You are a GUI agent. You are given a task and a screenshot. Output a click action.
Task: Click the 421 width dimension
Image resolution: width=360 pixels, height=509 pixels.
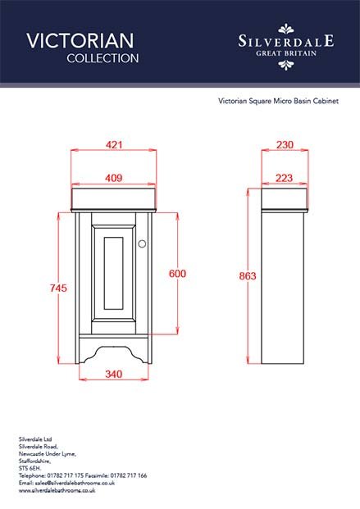coord(114,144)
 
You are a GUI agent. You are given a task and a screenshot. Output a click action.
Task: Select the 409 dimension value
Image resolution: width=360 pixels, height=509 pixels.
coord(114,178)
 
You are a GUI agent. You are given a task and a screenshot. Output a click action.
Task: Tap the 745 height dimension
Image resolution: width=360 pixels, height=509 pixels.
coord(58,288)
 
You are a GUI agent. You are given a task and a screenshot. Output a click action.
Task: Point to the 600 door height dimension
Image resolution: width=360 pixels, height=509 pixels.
coord(177,273)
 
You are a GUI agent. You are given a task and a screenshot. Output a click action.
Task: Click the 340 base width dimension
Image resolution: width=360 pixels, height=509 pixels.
coord(114,374)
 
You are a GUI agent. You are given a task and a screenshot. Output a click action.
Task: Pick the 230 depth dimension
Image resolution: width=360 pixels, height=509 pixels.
coord(285,144)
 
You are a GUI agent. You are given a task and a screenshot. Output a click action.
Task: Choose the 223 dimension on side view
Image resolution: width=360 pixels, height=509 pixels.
coord(285,178)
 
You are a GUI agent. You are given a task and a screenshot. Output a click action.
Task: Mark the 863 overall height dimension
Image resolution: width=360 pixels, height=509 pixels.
coord(248,276)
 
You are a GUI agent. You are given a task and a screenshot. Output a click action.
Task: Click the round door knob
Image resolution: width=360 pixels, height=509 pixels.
coord(142,243)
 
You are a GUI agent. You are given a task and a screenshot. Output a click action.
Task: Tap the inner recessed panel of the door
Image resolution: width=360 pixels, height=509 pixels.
coord(113,273)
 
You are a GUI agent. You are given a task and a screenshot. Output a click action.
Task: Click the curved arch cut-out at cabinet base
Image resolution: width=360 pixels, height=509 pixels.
coord(114,354)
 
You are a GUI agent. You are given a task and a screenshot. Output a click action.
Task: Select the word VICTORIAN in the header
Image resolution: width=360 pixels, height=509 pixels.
coord(80,41)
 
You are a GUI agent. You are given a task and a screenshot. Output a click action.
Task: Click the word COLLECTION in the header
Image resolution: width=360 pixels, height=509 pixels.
coord(103,58)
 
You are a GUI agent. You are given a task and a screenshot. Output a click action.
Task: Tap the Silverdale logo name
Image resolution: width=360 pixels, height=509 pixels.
coord(286,41)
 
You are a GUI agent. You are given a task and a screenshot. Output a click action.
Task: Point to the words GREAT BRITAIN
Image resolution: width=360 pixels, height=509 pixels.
coord(286,53)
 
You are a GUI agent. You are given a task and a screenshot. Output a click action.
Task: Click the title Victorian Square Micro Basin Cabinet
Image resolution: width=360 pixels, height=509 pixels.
coord(278,101)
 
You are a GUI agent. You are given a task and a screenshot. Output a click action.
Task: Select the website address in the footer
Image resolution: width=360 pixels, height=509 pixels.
coord(57,490)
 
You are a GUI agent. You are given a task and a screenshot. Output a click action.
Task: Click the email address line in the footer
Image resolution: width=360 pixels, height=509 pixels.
coord(66,483)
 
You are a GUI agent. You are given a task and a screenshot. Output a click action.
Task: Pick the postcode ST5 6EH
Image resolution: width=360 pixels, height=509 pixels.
coord(30,468)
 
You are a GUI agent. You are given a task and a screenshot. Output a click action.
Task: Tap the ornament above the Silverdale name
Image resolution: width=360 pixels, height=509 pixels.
coord(286,29)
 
